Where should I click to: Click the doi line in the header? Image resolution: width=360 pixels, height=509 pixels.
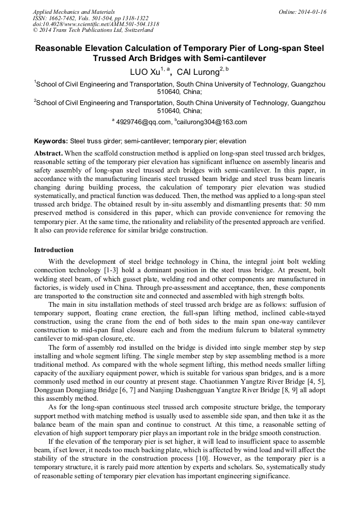pyautogui.click(x=96, y=24)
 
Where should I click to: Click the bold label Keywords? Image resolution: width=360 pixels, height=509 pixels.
pyautogui.click(x=51, y=141)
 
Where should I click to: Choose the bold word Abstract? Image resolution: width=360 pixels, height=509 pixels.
pyautogui.click(x=48, y=152)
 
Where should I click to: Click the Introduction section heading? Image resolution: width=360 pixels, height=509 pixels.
pyautogui.click(x=54, y=250)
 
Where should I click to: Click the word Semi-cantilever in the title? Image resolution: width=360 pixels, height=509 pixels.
pyautogui.click(x=235, y=58)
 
